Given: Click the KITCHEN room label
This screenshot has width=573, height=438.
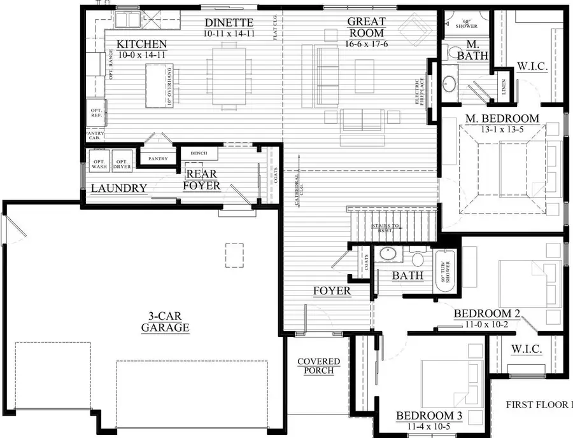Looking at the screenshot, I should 141,44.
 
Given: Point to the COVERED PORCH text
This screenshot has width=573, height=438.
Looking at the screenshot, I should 319,366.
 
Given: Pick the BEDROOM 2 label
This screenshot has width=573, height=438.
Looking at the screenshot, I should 486,313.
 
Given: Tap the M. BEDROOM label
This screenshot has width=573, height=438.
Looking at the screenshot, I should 502,119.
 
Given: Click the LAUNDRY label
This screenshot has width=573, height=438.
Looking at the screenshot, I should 119,188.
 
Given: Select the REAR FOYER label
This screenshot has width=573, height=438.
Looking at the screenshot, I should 202,180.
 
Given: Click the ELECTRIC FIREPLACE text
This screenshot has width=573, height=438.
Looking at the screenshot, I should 421,92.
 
